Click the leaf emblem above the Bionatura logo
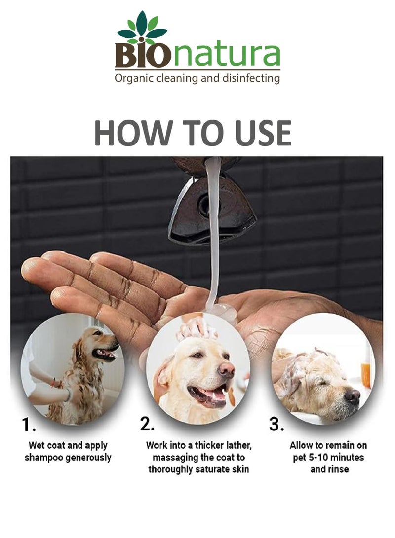coord(142,28)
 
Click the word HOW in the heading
coord(133,133)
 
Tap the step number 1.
coord(29,425)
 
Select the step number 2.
coord(147,424)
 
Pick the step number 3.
coord(276,424)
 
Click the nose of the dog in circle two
coord(226,370)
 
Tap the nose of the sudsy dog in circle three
coord(353,396)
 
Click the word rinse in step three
coord(339,469)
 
